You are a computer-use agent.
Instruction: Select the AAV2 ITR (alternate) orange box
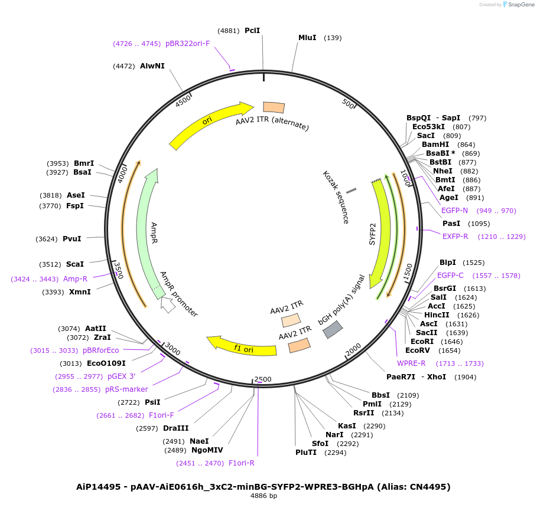pyautogui.click(x=274, y=107)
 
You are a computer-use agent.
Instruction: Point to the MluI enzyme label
pyautogui.click(x=307, y=38)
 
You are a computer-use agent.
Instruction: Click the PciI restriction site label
pyautogui.click(x=252, y=30)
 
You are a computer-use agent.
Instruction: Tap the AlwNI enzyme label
pyautogui.click(x=152, y=66)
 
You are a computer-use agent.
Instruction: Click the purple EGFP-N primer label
pyautogui.click(x=454, y=211)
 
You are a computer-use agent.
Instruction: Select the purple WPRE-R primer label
pyautogui.click(x=411, y=363)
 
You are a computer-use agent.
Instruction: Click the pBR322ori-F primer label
pyautogui.click(x=187, y=43)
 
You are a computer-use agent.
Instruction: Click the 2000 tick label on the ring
pyautogui.click(x=353, y=350)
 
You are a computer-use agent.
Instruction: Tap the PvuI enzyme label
pyautogui.click(x=72, y=239)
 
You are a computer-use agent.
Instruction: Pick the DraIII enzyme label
pyautogui.click(x=175, y=428)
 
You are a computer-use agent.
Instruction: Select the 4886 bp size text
pyautogui.click(x=264, y=496)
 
